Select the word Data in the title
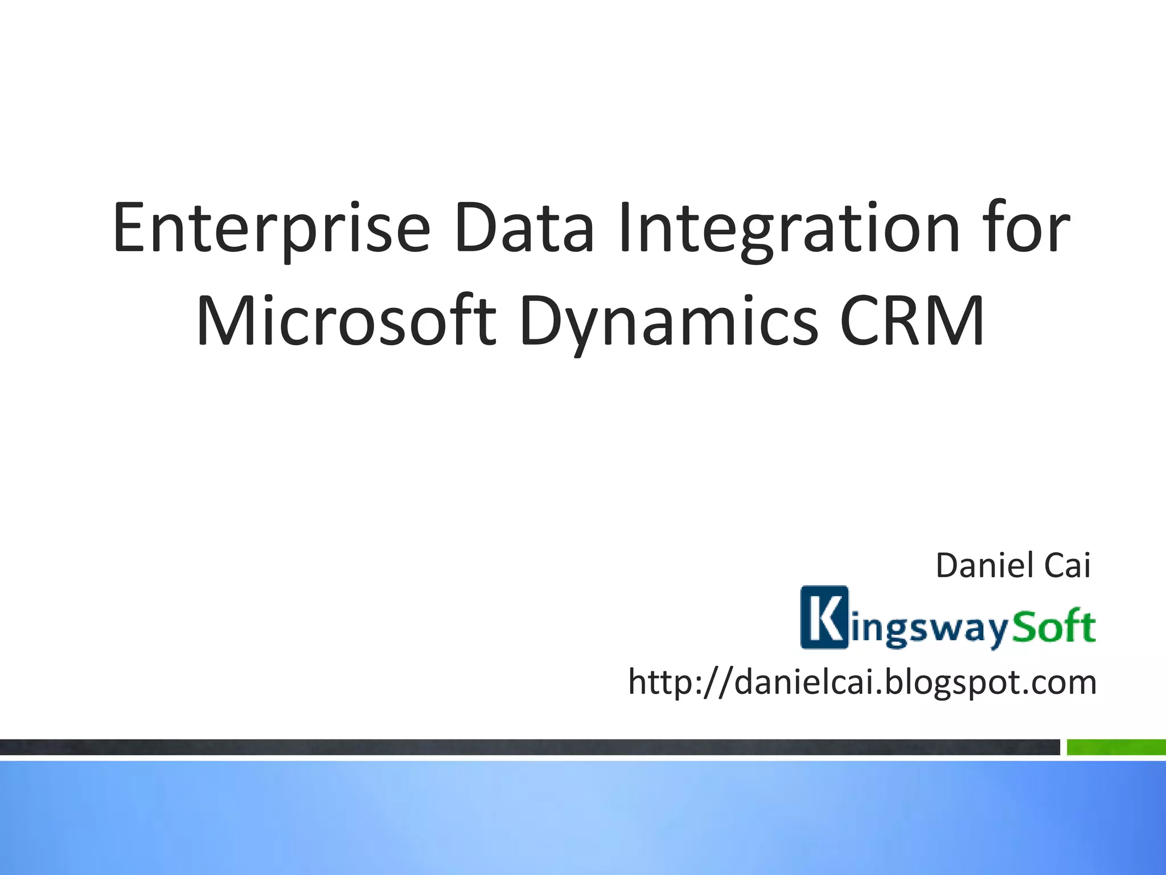[524, 228]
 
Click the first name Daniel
[984, 566]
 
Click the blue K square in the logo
[824, 618]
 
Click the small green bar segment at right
[1115, 747]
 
